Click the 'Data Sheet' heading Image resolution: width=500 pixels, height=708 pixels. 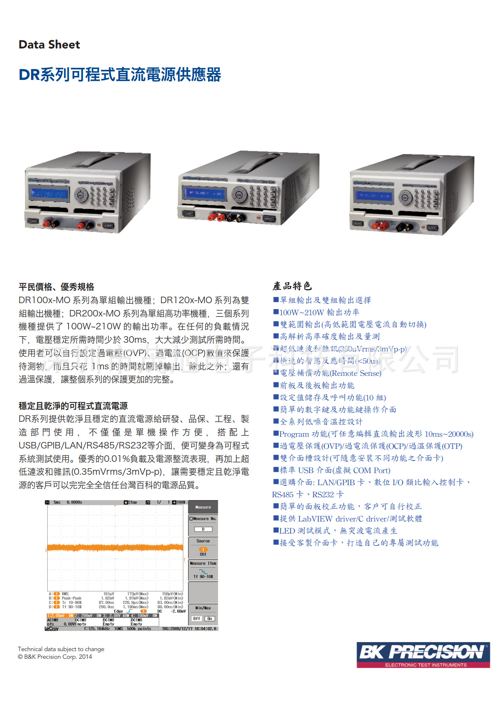(x=49, y=44)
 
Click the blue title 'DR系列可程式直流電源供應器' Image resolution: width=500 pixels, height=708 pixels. (x=120, y=75)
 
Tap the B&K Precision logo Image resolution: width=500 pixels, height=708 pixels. (x=423, y=654)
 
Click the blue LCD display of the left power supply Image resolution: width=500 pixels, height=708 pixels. (x=49, y=194)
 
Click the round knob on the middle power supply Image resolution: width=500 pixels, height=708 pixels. (x=240, y=195)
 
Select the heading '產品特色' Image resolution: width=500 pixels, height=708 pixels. (x=292, y=286)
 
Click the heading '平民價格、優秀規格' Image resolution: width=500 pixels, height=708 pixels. (x=56, y=287)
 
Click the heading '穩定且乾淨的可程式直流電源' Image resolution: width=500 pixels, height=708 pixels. (x=73, y=406)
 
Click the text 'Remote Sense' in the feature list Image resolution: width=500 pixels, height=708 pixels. (x=356, y=373)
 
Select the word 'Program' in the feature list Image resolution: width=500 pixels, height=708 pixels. (x=294, y=434)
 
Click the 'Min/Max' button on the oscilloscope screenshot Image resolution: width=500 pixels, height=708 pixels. (x=203, y=608)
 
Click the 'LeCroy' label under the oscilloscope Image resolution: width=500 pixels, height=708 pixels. (x=52, y=628)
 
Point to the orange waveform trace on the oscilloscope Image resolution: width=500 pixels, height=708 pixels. (x=115, y=548)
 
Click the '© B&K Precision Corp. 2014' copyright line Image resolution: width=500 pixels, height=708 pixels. (x=55, y=657)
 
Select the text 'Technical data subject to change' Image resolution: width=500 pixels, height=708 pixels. (x=61, y=649)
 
